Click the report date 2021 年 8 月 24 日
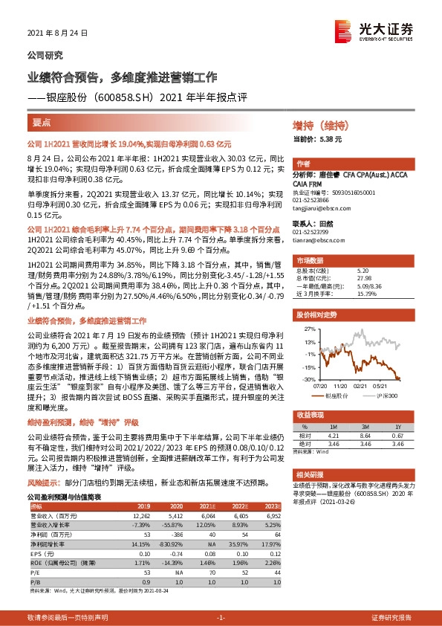tap(57, 33)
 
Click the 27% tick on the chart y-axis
tap(308, 327)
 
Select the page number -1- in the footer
tap(221, 619)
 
